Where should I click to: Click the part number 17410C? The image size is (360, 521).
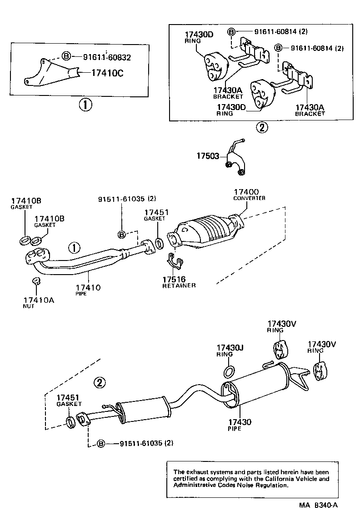107,72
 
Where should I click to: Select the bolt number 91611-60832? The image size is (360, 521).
107,57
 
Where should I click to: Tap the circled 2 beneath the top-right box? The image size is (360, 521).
261,128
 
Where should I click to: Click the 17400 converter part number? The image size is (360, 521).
246,192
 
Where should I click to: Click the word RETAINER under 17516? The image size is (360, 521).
179,285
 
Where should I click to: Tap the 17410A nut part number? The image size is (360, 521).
39,300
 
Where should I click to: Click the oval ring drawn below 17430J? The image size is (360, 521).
230,371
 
